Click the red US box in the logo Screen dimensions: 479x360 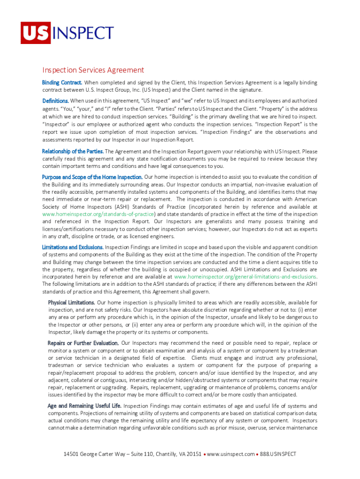pos(35,33)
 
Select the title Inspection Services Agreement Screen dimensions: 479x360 pos(93,70)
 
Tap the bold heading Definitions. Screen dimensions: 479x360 pos(56,101)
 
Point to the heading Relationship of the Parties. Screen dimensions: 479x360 pos(72,152)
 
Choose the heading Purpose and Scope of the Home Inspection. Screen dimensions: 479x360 pos(92,177)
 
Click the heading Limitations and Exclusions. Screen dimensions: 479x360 pos(72,247)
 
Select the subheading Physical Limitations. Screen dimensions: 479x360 pos(71,303)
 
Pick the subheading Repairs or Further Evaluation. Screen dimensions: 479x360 pos(83,343)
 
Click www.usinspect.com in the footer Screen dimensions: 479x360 pos(231,454)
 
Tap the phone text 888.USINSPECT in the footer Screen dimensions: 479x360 pos(279,454)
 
